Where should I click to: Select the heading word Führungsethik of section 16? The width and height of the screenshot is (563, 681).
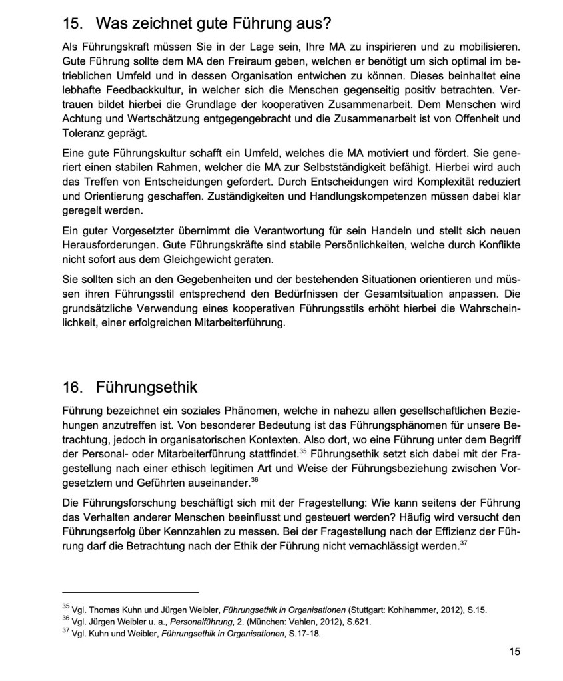(147, 387)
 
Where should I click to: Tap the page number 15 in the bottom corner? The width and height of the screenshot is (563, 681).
(514, 652)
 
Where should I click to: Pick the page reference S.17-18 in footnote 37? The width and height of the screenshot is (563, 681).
(303, 633)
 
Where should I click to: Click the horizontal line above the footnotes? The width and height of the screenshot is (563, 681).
(131, 592)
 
